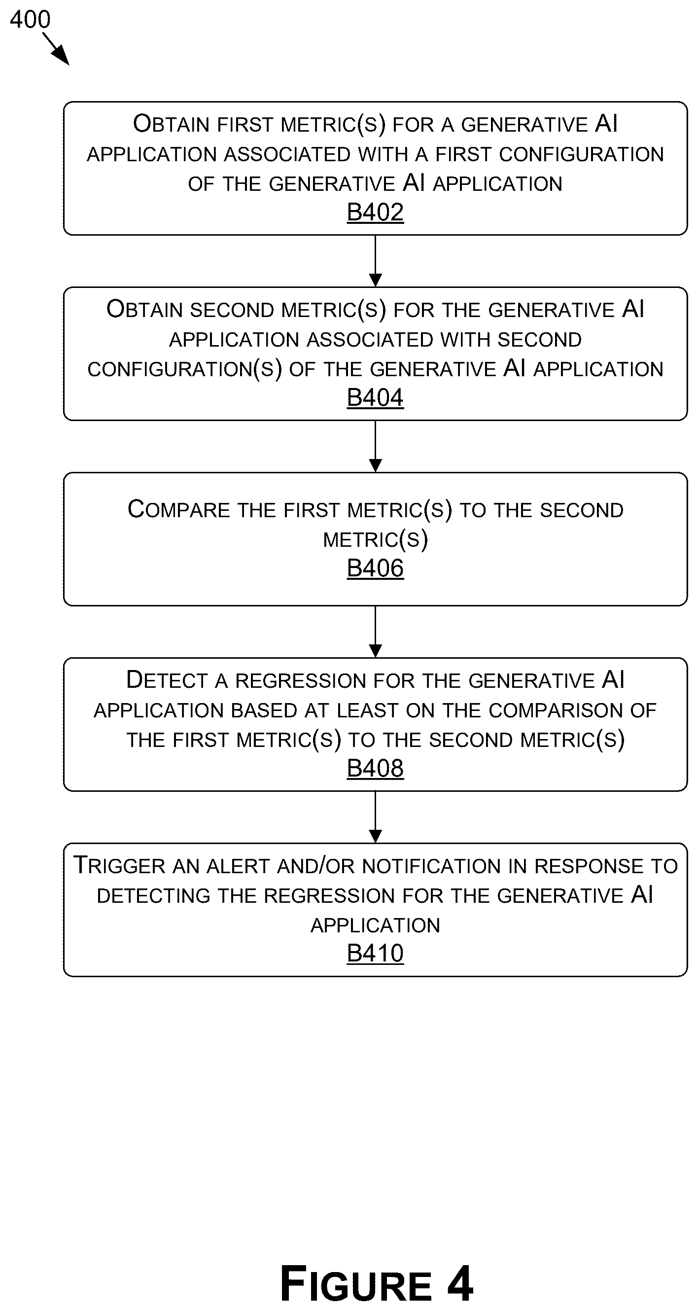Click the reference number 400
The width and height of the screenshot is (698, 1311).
click(x=30, y=19)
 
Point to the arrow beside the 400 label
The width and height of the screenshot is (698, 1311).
click(x=56, y=49)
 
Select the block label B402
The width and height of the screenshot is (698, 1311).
click(x=375, y=212)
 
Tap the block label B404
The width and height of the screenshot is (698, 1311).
click(x=375, y=397)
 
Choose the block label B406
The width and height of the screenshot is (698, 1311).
click(x=375, y=568)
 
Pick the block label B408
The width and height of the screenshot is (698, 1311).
click(x=375, y=768)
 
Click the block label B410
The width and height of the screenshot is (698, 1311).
click(x=375, y=953)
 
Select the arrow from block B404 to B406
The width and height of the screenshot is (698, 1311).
click(x=376, y=446)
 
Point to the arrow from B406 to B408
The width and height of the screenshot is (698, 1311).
click(x=376, y=632)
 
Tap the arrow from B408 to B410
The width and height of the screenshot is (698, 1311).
click(x=376, y=817)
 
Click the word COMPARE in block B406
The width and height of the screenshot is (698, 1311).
click(x=178, y=509)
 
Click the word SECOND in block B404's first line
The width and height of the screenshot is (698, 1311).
click(x=232, y=310)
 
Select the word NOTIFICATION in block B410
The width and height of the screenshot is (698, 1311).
click(x=431, y=866)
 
